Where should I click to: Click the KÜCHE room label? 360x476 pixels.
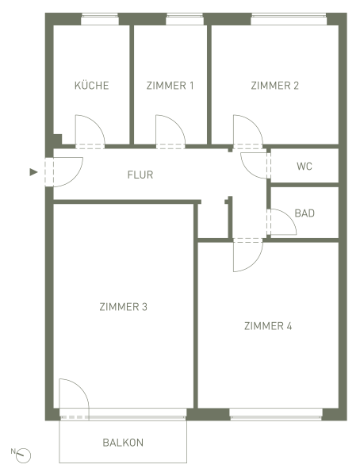91,86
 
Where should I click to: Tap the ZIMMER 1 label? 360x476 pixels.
170,86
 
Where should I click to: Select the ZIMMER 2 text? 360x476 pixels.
274,86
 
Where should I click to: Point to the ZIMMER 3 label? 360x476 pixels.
123,307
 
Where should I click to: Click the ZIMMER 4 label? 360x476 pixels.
268,326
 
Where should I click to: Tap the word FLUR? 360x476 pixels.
140,175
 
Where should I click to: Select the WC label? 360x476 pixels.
304,167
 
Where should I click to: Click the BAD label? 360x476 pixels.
304,213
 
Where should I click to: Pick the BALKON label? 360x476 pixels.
123,443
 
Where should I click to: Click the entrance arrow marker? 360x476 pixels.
33,172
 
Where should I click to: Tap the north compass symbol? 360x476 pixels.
23,455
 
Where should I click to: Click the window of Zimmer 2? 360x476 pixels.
289,19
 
